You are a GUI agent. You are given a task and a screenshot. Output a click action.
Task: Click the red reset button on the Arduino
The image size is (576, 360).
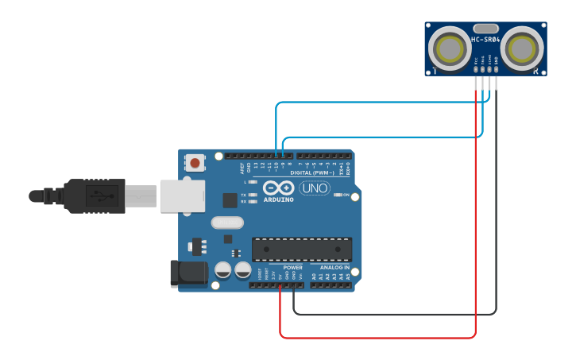point(195,163)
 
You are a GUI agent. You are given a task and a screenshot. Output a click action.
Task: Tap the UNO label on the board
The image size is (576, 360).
point(314,188)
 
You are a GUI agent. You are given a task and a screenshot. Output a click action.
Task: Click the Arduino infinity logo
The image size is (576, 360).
point(278,188)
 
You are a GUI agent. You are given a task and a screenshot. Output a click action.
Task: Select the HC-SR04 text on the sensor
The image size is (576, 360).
point(485,39)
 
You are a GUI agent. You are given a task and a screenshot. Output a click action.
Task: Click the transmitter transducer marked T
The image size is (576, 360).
point(450,49)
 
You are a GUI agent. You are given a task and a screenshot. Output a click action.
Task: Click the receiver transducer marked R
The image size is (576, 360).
point(523,49)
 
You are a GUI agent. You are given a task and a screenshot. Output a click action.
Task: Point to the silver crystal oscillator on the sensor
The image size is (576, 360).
point(485,28)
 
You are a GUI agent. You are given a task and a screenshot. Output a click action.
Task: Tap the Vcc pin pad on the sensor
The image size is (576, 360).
point(476,70)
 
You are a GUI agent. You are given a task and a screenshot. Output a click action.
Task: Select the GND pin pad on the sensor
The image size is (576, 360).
point(497,70)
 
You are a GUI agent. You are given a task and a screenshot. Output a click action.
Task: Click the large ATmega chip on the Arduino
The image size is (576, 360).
point(302,249)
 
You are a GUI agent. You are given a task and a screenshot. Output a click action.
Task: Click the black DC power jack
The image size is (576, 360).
point(188,273)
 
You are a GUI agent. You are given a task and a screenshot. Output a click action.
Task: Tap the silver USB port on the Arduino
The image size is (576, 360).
point(183,195)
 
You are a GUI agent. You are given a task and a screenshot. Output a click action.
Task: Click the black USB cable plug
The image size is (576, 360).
point(95,195)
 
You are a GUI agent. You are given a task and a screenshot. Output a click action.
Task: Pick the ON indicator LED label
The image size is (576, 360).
point(346,195)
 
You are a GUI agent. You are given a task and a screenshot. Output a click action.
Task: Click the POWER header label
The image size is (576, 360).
point(292,268)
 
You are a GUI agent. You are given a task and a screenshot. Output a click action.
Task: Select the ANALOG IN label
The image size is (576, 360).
point(334,268)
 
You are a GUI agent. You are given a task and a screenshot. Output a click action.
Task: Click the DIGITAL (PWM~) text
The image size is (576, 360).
point(311,172)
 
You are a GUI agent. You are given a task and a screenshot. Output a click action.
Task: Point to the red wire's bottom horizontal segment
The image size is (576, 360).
point(377,338)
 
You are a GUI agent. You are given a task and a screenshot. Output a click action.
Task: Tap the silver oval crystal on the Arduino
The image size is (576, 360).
point(227,223)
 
